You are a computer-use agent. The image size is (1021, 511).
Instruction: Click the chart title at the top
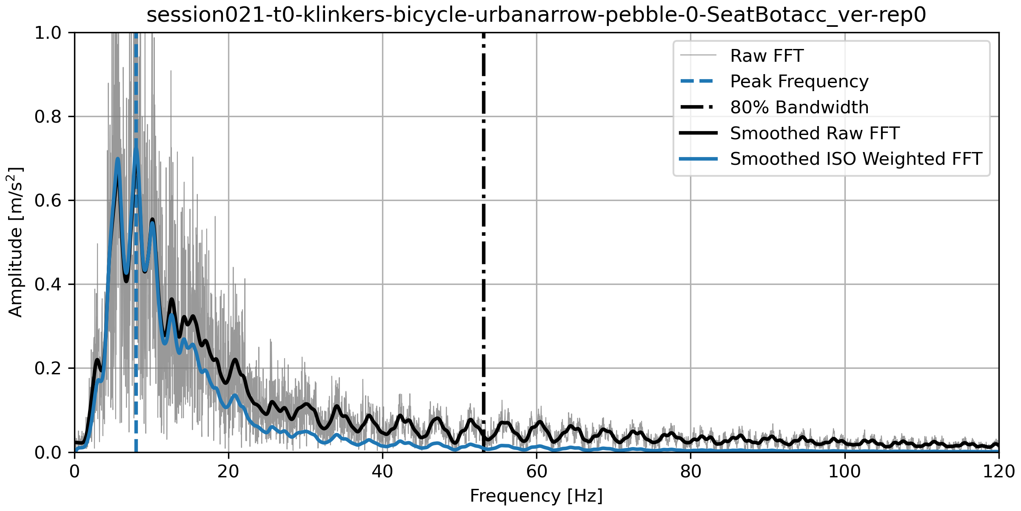tap(536, 15)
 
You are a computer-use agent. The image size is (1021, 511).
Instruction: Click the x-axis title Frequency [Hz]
tap(536, 496)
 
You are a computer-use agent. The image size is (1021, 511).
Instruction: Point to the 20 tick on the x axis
tap(228, 472)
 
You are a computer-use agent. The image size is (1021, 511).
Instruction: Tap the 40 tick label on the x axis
tap(382, 472)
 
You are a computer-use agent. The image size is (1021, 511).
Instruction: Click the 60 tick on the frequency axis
tap(536, 472)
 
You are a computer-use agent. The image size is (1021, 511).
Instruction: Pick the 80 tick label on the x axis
tap(690, 472)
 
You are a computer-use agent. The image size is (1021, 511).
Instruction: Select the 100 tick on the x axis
tap(844, 472)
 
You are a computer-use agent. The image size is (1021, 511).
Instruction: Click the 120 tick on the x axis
tap(998, 472)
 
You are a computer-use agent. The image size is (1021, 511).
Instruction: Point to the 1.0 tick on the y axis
tap(48, 33)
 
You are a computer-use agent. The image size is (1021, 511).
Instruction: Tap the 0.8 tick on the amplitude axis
tap(48, 117)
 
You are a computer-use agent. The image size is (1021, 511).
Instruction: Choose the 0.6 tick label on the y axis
tap(48, 201)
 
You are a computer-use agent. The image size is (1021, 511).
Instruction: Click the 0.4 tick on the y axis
tap(48, 284)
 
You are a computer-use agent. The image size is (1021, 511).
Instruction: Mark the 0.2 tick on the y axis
tap(48, 368)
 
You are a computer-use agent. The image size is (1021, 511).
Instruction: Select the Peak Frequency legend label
tap(799, 81)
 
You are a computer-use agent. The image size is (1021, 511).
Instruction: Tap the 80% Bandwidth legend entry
tap(799, 107)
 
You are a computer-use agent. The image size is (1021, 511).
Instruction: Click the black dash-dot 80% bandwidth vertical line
tap(484, 255)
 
